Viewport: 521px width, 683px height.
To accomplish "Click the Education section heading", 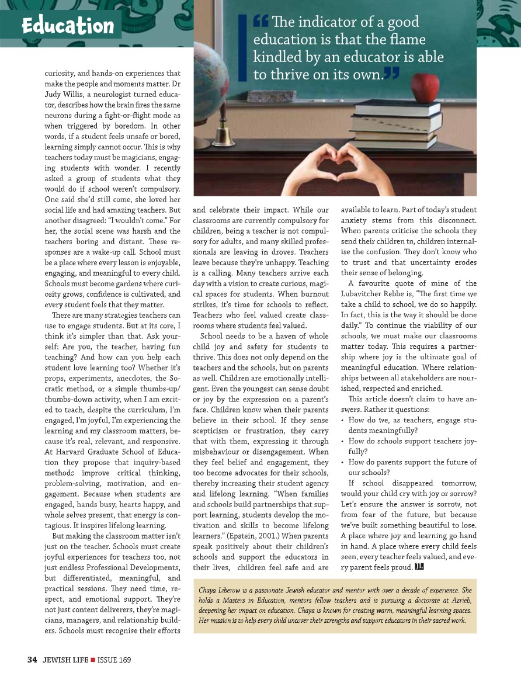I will [x=67, y=26].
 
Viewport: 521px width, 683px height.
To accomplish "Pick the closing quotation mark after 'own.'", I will [x=393, y=74].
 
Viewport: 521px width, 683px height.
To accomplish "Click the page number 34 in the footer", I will [x=32, y=660].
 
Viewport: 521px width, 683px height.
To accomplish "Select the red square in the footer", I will [x=92, y=660].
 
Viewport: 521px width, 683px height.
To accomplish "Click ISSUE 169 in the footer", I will [x=114, y=660].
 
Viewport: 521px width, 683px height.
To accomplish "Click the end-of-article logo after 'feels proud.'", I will [x=419, y=566].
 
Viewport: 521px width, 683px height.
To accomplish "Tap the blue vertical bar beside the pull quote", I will [x=240, y=47].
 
